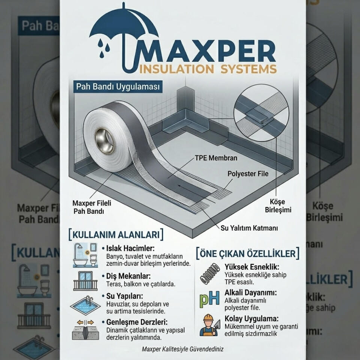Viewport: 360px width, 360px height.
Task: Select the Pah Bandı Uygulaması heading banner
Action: point(118,87)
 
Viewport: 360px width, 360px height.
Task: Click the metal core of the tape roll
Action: point(105,141)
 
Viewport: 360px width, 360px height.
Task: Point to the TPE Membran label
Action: point(216,158)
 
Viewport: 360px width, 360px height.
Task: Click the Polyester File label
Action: point(248,174)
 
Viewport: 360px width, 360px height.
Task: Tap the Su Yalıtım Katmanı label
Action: point(249,228)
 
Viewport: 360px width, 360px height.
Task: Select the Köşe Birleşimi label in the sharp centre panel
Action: point(278,206)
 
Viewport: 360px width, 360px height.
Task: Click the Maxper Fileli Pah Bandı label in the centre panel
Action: point(91,207)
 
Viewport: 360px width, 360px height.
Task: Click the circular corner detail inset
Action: point(261,113)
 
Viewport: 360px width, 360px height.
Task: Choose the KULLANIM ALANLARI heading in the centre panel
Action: point(116,234)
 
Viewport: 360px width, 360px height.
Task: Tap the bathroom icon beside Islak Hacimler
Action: point(85,255)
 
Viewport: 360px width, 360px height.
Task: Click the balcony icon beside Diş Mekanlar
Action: point(85,281)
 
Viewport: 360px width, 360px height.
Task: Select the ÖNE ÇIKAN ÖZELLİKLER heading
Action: point(248,253)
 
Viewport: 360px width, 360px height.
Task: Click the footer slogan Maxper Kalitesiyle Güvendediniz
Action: point(183,349)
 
